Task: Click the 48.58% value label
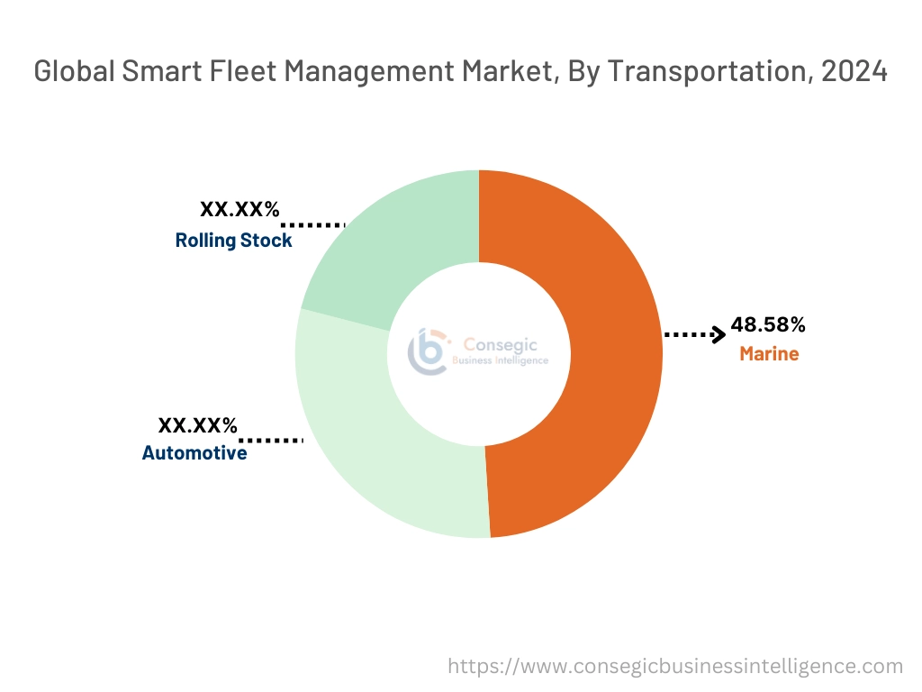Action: coord(767,324)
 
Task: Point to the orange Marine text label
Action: coord(769,354)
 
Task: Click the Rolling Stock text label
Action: coord(233,241)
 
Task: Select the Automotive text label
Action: coord(194,453)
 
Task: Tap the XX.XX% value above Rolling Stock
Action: coord(240,210)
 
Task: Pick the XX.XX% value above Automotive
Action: coord(198,424)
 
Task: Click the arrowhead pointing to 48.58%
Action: coord(719,335)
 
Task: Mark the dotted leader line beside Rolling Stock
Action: coord(313,223)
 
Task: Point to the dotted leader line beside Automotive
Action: coord(271,441)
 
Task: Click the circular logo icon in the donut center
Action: coord(428,351)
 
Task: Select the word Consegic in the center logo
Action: coord(494,344)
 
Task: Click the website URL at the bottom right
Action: coord(675,667)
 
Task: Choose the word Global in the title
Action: coord(73,73)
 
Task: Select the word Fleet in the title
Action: coord(242,73)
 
